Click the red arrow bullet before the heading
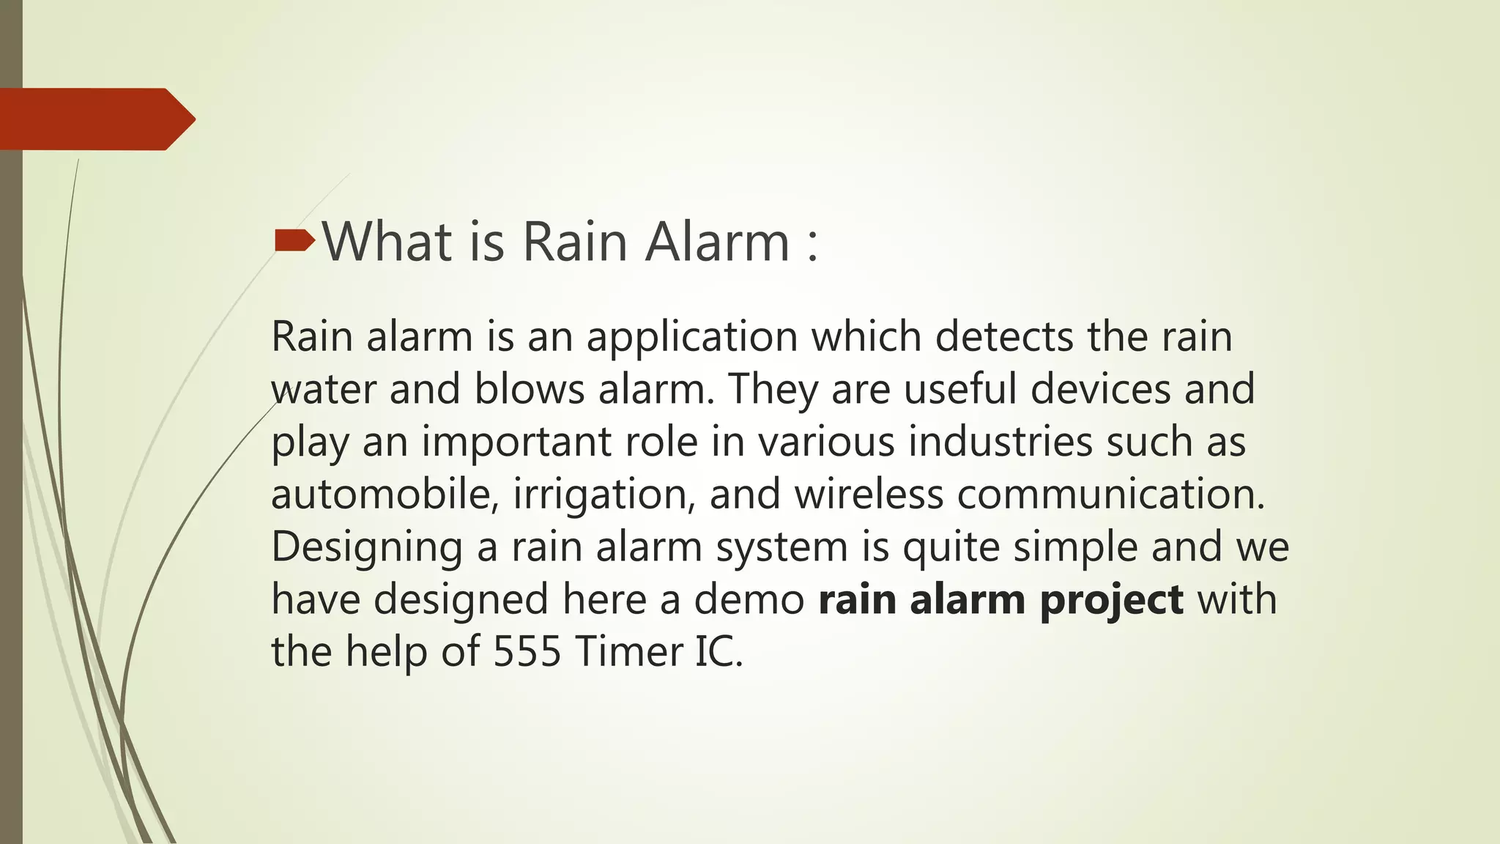pyautogui.click(x=294, y=240)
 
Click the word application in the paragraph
pyautogui.click(x=691, y=338)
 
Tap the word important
pyautogui.click(x=516, y=443)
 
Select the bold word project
pyautogui.click(x=1111, y=601)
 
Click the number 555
pyautogui.click(x=527, y=652)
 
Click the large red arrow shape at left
pyautogui.click(x=95, y=119)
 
